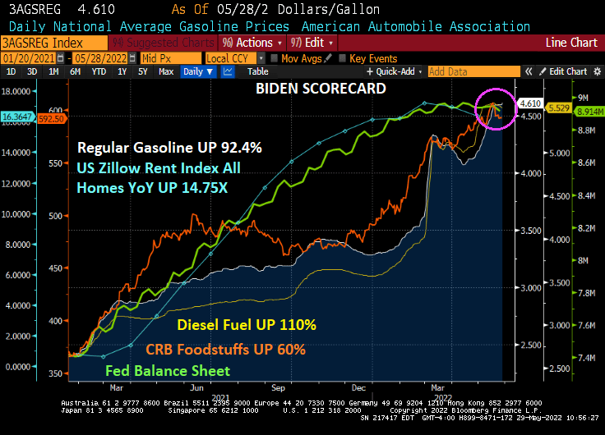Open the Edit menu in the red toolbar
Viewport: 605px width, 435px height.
click(x=308, y=42)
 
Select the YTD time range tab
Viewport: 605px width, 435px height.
click(x=99, y=71)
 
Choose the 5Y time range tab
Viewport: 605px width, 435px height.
click(x=142, y=71)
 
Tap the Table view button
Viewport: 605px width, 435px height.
click(x=258, y=71)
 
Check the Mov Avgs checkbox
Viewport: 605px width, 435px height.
click(x=275, y=58)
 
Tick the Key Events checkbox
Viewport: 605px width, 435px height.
click(x=342, y=58)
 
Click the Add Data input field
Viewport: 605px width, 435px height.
click(x=473, y=71)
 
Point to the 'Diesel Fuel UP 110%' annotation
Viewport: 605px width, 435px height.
click(x=247, y=325)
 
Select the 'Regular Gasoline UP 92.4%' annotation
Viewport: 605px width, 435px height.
click(x=169, y=148)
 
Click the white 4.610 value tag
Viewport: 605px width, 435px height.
click(x=530, y=103)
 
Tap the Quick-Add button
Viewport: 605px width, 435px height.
click(x=395, y=71)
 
